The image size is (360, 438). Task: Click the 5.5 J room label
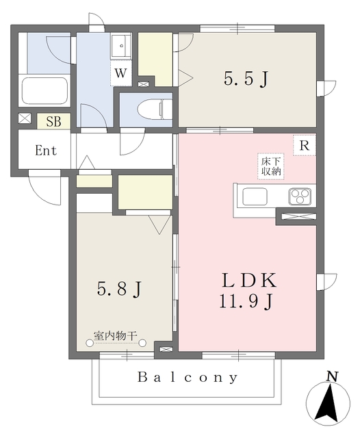coord(246,79)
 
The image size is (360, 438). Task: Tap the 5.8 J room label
coord(119,289)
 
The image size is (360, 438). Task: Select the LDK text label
coord(249,281)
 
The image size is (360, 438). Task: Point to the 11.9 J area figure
coord(246,302)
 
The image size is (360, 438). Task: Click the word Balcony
coord(188,377)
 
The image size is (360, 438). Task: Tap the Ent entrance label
coord(46,151)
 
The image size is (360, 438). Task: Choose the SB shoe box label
coord(53,121)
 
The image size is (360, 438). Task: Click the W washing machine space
coord(121,73)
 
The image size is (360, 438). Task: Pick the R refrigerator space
coord(305,145)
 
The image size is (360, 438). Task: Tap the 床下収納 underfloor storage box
coord(270,166)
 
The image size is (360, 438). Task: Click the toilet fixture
coord(155,109)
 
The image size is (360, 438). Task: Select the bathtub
coord(44,91)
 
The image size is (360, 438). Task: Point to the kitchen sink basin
coord(255,196)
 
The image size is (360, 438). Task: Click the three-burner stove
coord(300,196)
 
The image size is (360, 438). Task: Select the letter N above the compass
coord(333,376)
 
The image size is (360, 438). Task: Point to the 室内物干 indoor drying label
coord(115,335)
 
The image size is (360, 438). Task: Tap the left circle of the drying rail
coord(90,343)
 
